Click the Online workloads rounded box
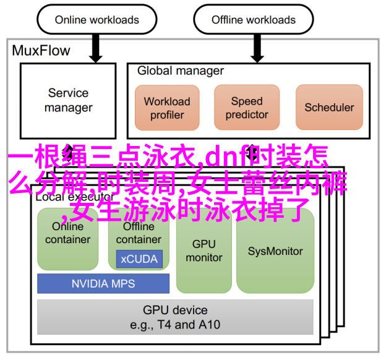coord(96,20)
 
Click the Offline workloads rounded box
coord(254,20)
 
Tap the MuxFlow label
coord(41,51)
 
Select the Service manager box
coord(69,100)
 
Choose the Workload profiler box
coord(167,108)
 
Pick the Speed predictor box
coord(247,108)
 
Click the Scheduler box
coord(329,108)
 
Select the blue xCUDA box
coord(139,259)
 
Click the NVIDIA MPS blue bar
coord(103,284)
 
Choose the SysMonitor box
coord(275,251)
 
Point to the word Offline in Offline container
coord(139,226)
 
